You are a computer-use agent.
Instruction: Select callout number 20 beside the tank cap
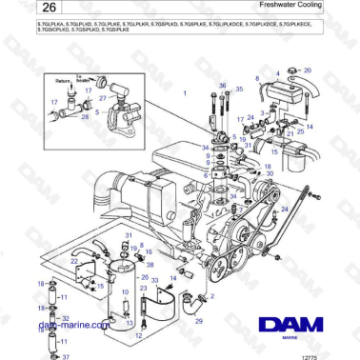tap(308, 70)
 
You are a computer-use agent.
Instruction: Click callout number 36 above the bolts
tap(221, 85)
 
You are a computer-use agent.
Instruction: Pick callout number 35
tap(239, 90)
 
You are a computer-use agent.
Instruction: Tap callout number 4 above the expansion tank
tap(277, 73)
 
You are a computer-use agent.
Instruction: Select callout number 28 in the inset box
tap(85, 117)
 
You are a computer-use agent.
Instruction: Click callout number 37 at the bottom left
tap(66, 356)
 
